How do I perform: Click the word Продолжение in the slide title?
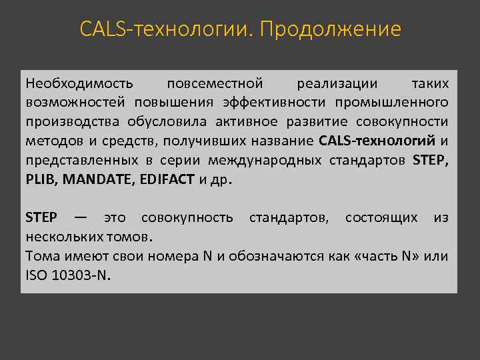(x=331, y=30)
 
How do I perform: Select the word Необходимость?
(x=79, y=84)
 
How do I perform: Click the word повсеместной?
(x=215, y=84)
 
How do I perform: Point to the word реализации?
(x=337, y=84)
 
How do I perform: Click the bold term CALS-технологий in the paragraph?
(x=377, y=141)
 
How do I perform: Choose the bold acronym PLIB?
(x=39, y=180)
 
